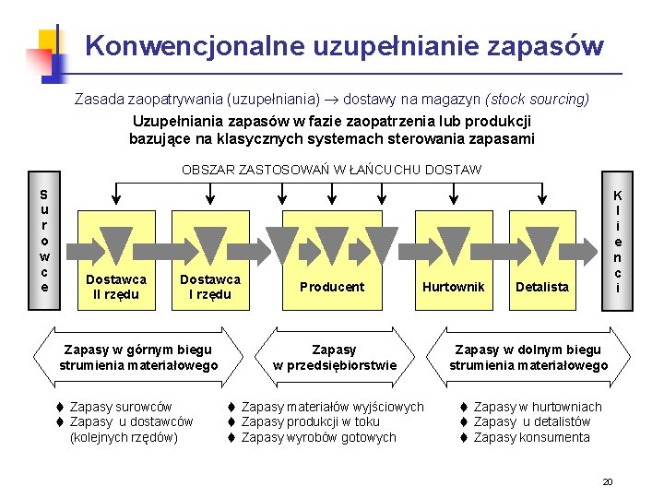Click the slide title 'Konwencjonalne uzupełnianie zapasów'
click(345, 45)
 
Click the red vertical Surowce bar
click(44, 241)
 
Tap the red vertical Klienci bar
click(617, 243)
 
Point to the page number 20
click(607, 481)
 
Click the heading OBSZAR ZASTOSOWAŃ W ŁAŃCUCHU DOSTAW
click(331, 170)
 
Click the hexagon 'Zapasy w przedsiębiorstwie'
click(334, 357)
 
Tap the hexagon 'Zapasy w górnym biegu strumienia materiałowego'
click(137, 357)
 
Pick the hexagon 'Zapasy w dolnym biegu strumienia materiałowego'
click(528, 357)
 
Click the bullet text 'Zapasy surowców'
click(120, 407)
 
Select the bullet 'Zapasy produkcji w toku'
click(310, 421)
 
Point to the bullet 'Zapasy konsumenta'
click(531, 437)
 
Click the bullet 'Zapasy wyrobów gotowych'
click(318, 437)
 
